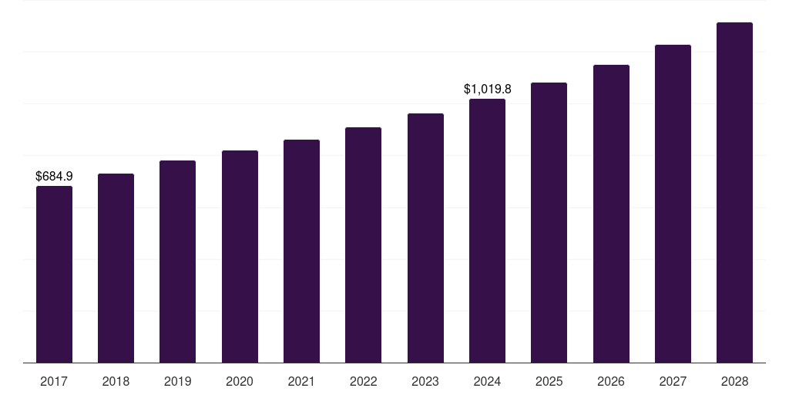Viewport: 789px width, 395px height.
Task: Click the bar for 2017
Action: [x=54, y=274]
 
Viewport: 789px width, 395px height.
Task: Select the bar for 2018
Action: [x=116, y=268]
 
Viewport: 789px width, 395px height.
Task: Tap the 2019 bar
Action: [x=177, y=262]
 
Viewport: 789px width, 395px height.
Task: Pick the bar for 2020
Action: [x=240, y=256]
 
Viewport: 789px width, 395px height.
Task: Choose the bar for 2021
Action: [x=301, y=251]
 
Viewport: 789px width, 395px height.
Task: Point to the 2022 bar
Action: [x=363, y=245]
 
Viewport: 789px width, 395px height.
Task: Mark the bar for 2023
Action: [x=425, y=238]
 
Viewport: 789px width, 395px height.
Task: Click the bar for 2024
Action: [x=487, y=231]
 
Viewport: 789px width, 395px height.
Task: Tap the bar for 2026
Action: [x=611, y=214]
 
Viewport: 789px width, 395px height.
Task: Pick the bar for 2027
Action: [x=673, y=204]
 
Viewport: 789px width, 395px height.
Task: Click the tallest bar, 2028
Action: [x=734, y=192]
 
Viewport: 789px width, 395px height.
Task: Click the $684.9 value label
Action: [x=54, y=177]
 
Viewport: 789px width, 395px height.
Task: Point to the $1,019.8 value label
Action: [x=487, y=89]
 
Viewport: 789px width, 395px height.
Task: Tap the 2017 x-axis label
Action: [x=54, y=381]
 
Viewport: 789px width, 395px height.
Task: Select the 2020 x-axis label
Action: [x=240, y=381]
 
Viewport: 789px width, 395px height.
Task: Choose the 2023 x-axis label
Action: [x=425, y=381]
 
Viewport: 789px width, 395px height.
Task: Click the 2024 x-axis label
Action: [x=487, y=381]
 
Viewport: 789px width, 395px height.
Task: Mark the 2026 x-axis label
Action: [x=611, y=381]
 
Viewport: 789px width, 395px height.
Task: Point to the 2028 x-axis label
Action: [x=734, y=381]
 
